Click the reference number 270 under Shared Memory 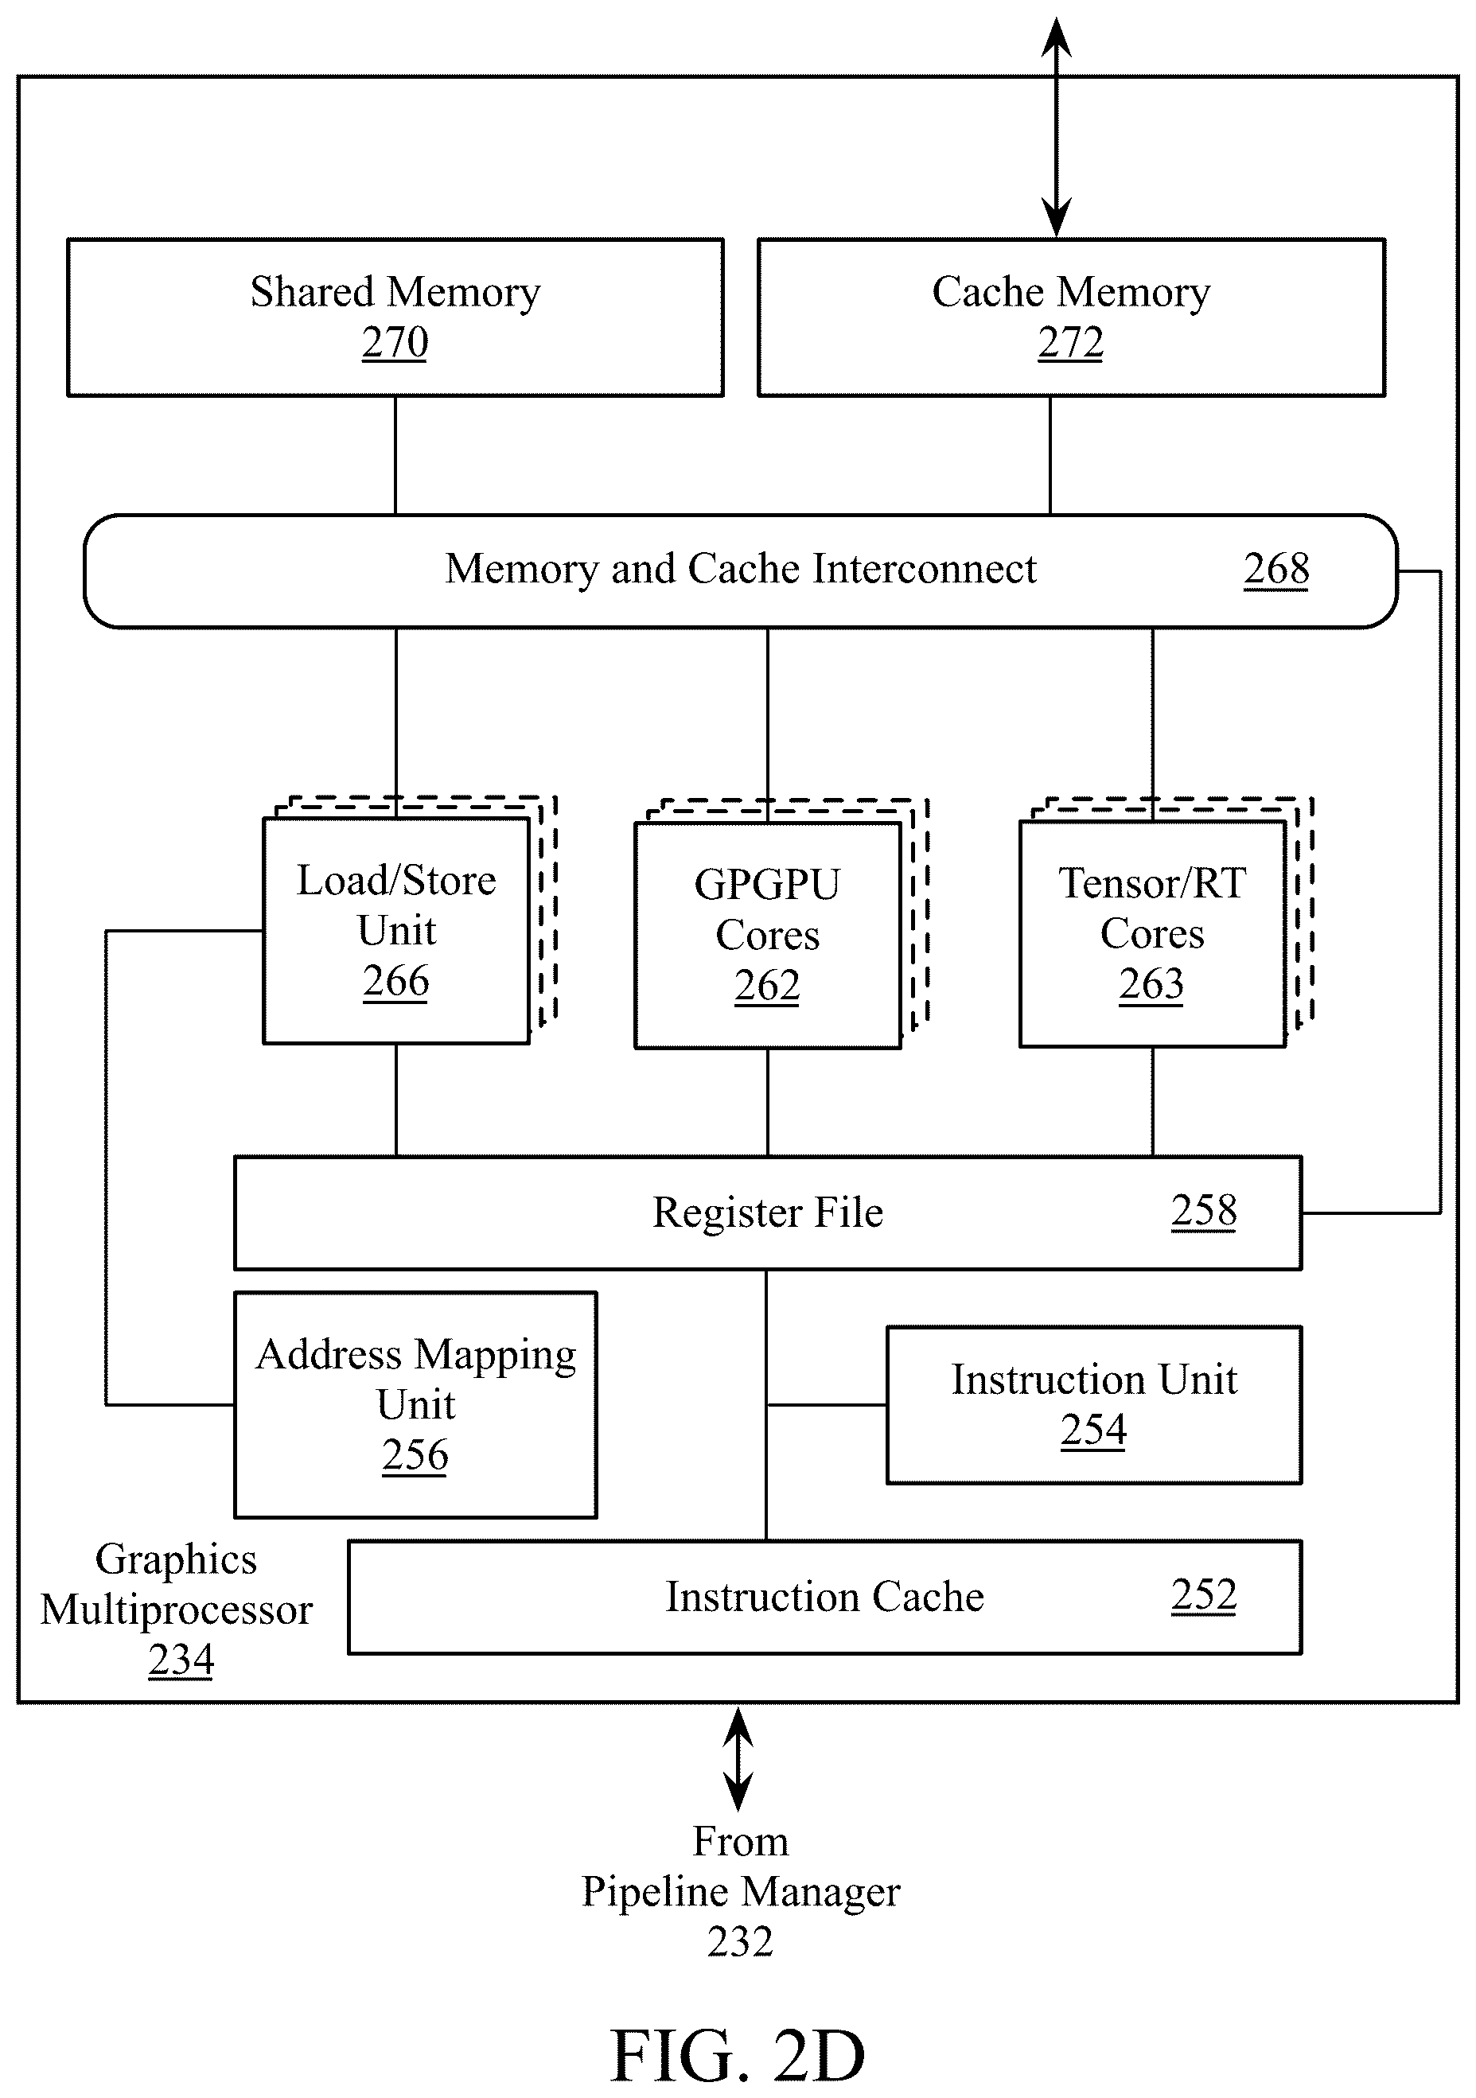pos(395,343)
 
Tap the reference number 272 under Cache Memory pos(1070,343)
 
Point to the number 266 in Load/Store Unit pos(395,982)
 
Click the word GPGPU pos(767,885)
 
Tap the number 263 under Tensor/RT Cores pos(1151,984)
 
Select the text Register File pos(768,1212)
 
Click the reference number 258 pos(1204,1211)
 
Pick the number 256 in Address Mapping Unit pos(415,1454)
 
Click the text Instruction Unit pos(1094,1380)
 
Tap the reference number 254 pos(1093,1430)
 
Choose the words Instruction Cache pos(824,1598)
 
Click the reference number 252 pos(1204,1595)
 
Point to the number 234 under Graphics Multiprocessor pos(181,1660)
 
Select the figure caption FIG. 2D pos(738,2056)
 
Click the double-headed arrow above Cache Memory pos(1057,128)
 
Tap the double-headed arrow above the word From pos(738,1760)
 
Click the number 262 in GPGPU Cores pos(767,986)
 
